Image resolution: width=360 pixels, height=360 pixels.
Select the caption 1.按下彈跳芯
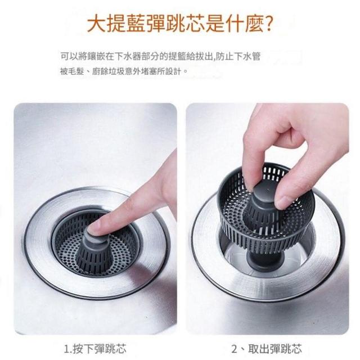[x=95, y=349]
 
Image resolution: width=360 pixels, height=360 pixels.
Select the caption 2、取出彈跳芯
[x=266, y=349]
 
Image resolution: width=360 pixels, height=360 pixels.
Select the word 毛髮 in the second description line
[x=78, y=71]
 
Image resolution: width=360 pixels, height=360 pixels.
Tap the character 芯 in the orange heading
[x=195, y=24]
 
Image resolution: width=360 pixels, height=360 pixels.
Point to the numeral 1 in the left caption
[x=66, y=349]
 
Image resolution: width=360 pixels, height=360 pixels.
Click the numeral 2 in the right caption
[x=235, y=349]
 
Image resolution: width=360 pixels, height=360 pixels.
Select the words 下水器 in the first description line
[x=128, y=56]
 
